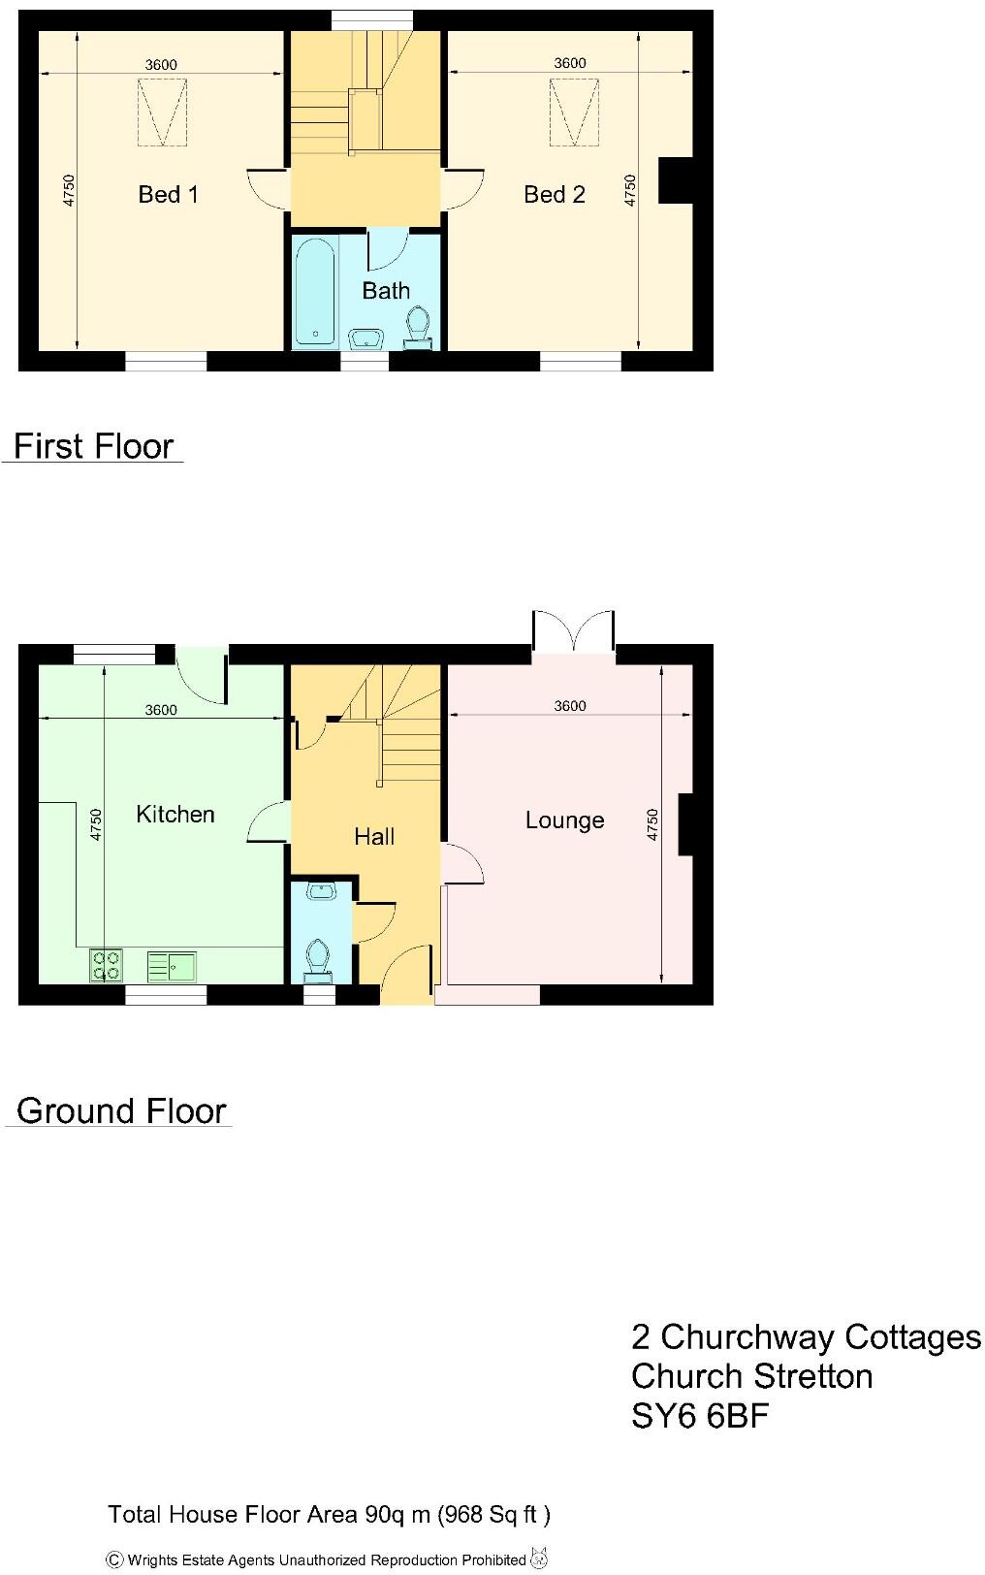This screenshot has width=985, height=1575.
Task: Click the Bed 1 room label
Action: click(168, 194)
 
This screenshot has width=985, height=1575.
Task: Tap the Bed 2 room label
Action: click(554, 194)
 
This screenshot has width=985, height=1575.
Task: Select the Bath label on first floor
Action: click(386, 290)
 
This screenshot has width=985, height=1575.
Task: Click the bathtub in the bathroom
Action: click(315, 291)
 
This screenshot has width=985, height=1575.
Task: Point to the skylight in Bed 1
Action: click(162, 112)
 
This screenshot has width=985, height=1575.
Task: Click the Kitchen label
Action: click(175, 814)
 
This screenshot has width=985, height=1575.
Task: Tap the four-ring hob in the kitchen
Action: click(106, 964)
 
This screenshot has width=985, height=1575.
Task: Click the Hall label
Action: click(374, 836)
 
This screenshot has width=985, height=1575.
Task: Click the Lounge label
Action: click(564, 820)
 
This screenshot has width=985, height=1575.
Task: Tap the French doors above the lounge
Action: click(574, 632)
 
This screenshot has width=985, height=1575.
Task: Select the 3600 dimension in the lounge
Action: click(570, 706)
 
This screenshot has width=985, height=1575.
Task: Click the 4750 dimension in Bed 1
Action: click(68, 190)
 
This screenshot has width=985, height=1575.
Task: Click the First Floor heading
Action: click(93, 446)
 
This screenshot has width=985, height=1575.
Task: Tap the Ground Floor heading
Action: click(121, 1110)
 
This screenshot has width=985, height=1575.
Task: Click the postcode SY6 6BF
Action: click(699, 1416)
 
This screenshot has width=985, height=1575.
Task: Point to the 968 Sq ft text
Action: click(495, 1514)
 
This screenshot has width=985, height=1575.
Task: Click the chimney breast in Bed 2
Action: click(676, 180)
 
